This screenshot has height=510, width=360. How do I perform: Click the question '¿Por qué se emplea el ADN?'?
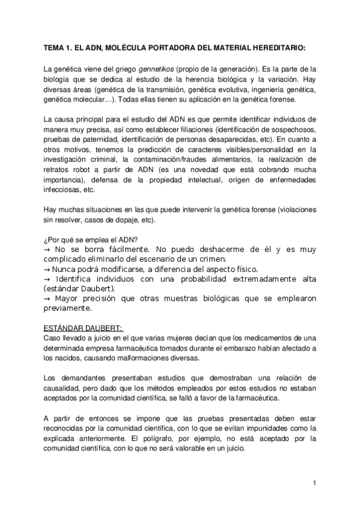point(87,238)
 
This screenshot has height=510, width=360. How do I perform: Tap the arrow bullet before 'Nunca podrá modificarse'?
point(48,268)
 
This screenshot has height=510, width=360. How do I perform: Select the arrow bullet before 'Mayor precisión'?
point(48,298)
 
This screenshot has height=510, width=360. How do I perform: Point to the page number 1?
point(314,483)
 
